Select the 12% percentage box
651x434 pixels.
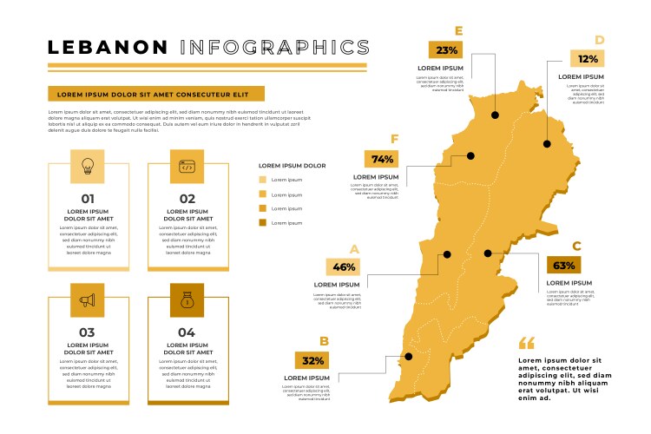[588, 59]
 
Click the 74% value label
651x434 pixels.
[383, 159]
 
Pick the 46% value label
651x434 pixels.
[343, 267]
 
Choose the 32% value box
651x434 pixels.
[312, 360]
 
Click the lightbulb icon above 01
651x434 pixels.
[88, 166]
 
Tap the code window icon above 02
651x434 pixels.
[187, 166]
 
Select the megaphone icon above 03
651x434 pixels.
[88, 300]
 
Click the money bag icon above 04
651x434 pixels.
[187, 300]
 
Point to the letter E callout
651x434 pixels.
[459, 31]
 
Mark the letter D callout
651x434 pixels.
[599, 40]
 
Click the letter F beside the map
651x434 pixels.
[395, 139]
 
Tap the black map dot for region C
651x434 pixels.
[488, 253]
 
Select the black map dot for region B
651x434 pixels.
[407, 356]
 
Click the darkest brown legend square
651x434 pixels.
[263, 223]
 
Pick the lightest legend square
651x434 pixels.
[263, 180]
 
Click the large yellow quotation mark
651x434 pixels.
[527, 344]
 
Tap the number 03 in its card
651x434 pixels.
[88, 332]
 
